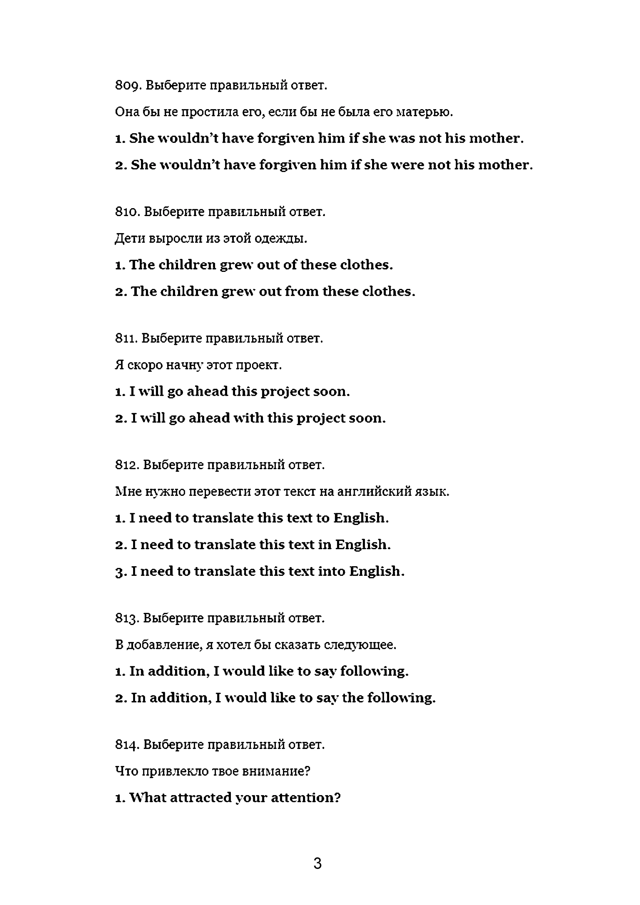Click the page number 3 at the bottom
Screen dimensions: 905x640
318,864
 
